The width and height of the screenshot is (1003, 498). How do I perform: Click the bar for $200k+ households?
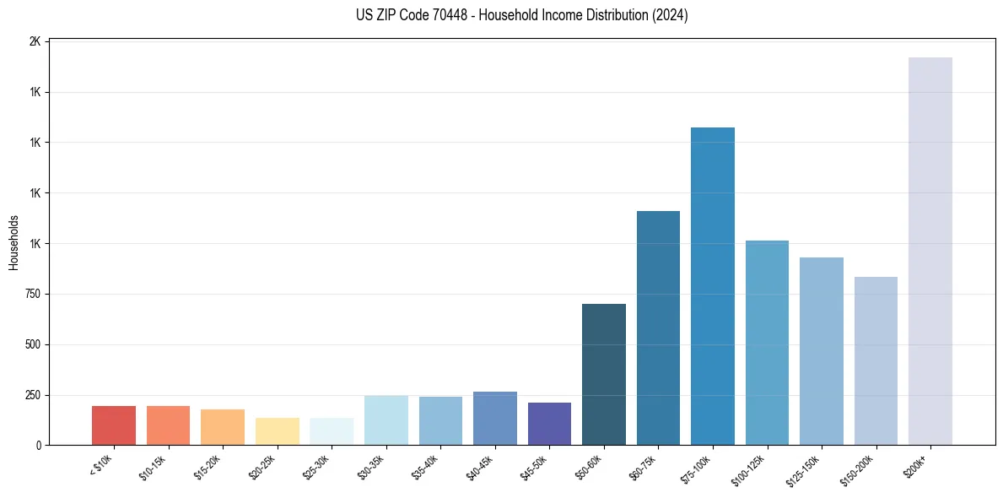point(930,251)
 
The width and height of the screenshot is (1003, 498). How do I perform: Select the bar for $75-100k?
point(712,286)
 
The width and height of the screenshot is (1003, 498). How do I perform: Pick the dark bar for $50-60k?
point(603,374)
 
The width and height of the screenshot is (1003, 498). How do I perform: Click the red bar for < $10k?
point(114,425)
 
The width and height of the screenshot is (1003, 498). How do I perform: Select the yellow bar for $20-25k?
point(277,431)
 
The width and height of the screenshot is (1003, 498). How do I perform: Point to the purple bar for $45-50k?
point(549,424)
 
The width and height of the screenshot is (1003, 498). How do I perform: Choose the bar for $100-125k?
point(767,343)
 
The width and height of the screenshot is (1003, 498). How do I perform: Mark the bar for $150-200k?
point(876,360)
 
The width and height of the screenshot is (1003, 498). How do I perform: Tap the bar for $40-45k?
point(494,418)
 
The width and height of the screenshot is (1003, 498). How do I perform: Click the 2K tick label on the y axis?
point(35,41)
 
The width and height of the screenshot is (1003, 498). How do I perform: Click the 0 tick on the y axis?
point(38,446)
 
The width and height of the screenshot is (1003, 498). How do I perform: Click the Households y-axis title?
point(13,242)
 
